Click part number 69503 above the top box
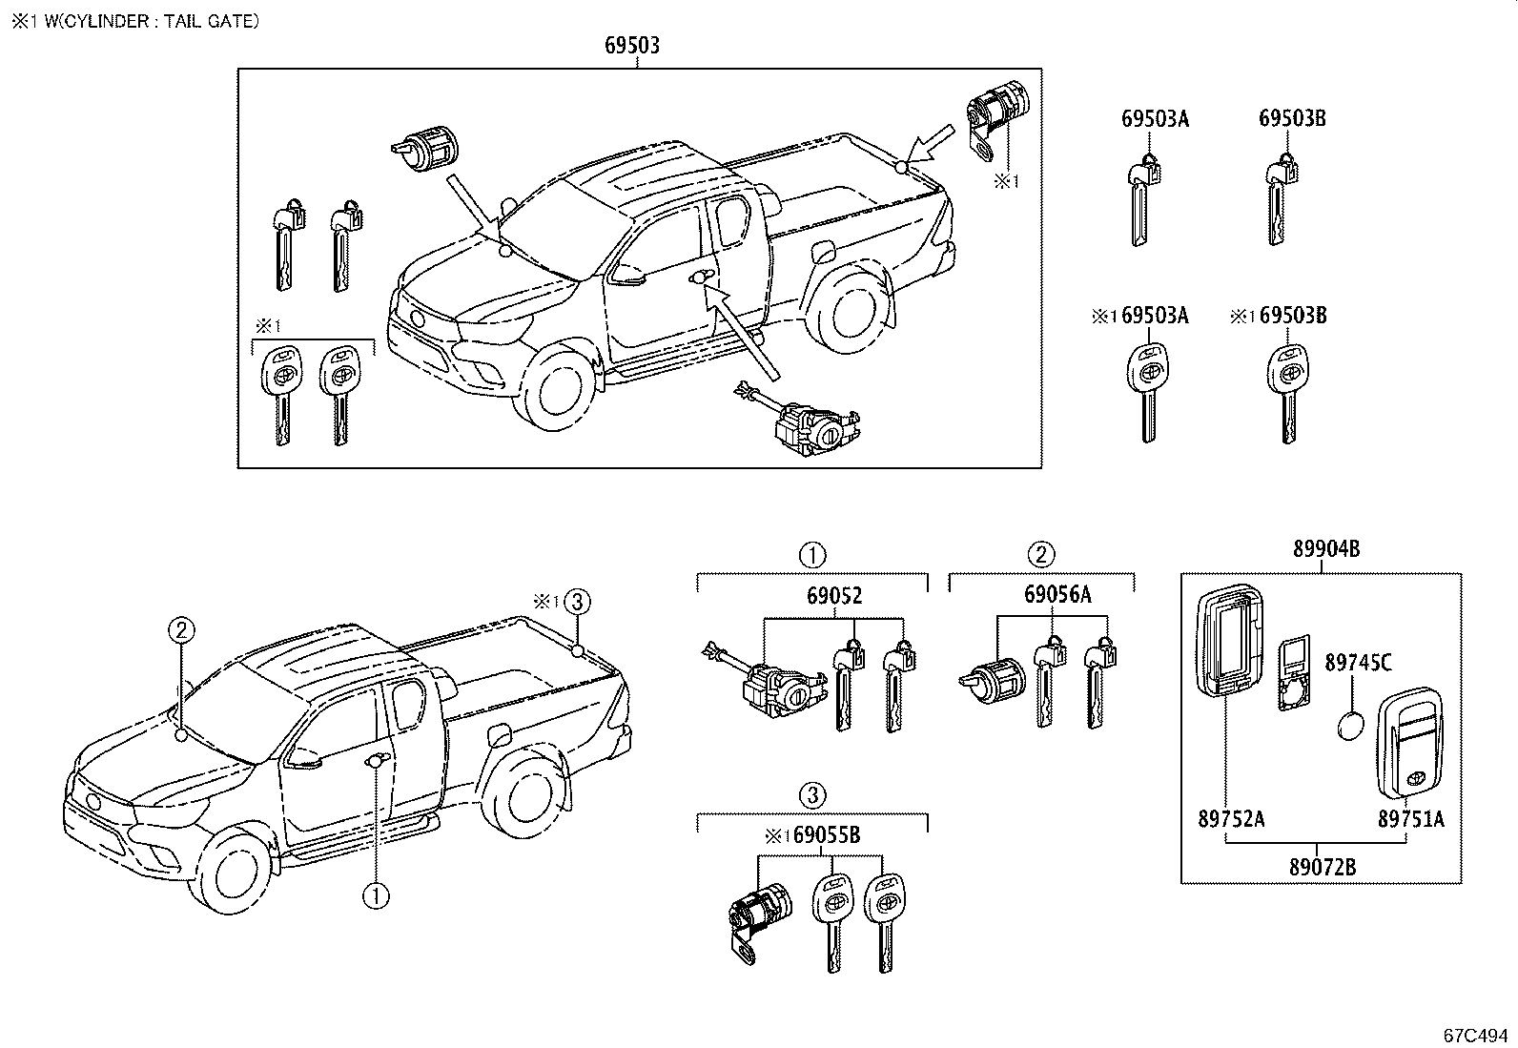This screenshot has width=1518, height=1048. pos(631,45)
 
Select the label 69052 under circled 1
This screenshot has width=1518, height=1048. pos(833,596)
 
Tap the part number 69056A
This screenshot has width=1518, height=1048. pos(1057,595)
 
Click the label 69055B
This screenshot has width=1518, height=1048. pos(827,836)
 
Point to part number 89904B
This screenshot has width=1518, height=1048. pos(1325,548)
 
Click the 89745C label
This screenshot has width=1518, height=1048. pos(1358,661)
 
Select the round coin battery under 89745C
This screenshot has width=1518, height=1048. pos(1350,729)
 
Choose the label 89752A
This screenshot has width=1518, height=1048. pos(1230,818)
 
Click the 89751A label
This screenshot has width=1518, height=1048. pos(1410,818)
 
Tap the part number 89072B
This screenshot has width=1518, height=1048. pos(1322,867)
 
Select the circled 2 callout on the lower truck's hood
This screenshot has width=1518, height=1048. pos(182,628)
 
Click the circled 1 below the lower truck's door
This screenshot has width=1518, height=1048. pos(376,894)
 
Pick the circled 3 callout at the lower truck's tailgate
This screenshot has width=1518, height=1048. pos(577,602)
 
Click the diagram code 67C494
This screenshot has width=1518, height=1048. pos(1474,1035)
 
